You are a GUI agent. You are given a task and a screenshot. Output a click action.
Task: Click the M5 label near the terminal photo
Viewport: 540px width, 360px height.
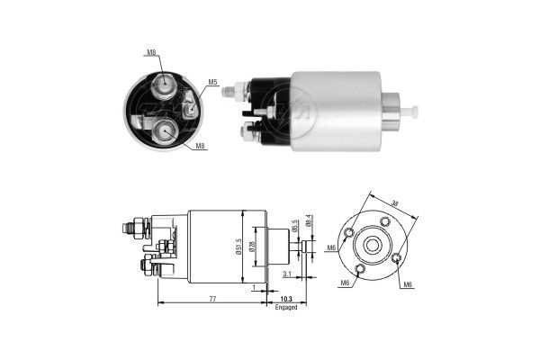213,83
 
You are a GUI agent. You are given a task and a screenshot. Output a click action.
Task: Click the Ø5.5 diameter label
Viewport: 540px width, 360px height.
293,226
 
